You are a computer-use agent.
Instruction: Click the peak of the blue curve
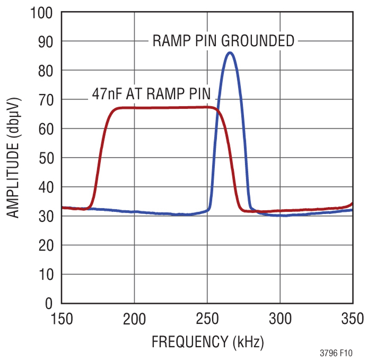coord(229,53)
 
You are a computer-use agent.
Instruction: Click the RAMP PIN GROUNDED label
coord(223,41)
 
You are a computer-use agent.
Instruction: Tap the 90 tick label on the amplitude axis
coord(47,42)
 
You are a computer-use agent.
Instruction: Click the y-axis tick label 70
coord(47,100)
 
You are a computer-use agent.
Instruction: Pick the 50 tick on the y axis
coord(47,158)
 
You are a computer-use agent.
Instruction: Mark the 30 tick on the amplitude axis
coord(47,216)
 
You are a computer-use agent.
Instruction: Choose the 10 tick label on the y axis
coord(47,274)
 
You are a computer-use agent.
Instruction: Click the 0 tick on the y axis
coord(51,304)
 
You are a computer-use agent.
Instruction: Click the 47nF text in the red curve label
coord(104,94)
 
